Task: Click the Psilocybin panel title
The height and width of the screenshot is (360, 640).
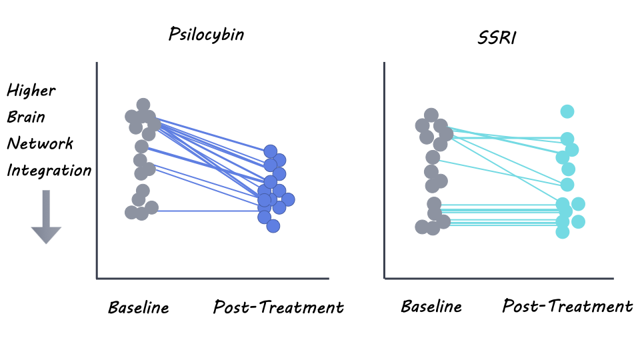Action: (x=206, y=35)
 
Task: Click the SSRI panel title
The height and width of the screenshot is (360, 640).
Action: (x=497, y=38)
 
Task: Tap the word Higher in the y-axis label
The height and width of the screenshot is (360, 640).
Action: (x=31, y=90)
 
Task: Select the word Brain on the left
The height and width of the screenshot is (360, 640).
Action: (x=26, y=117)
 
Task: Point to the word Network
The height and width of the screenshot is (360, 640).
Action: (x=40, y=143)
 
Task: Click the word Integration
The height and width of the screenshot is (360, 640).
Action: (x=49, y=170)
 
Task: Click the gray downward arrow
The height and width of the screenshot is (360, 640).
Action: (x=46, y=217)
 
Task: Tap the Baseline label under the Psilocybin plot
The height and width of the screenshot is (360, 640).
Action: (x=139, y=307)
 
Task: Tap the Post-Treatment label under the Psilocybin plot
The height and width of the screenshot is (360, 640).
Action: (x=279, y=307)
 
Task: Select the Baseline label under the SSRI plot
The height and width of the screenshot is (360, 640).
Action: (x=431, y=306)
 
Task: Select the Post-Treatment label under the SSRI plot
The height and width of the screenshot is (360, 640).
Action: (x=567, y=306)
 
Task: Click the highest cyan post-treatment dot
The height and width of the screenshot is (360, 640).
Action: (x=567, y=111)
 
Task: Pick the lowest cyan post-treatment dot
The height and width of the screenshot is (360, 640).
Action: (x=563, y=232)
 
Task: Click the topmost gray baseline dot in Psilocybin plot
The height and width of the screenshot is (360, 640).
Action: (x=143, y=105)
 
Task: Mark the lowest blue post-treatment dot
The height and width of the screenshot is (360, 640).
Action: (x=273, y=226)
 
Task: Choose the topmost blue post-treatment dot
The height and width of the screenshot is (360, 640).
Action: (x=270, y=152)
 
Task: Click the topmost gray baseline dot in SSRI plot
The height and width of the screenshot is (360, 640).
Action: (x=431, y=115)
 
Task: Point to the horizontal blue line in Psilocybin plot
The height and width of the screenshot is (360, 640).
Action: (x=208, y=211)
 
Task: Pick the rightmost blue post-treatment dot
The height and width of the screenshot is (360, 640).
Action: (x=288, y=199)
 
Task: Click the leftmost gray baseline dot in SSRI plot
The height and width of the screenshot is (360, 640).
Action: (x=422, y=227)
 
